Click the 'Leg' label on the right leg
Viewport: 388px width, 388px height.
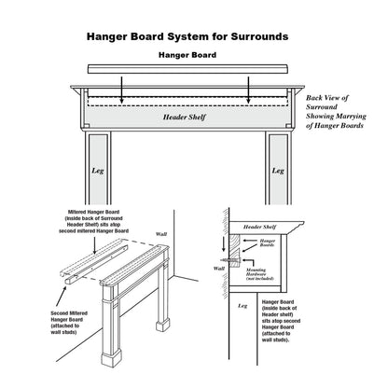(x=277, y=171)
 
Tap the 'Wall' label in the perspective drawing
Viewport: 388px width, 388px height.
(x=160, y=234)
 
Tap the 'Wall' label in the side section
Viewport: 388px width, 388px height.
(x=220, y=268)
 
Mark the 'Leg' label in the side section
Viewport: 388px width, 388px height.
(x=242, y=305)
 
